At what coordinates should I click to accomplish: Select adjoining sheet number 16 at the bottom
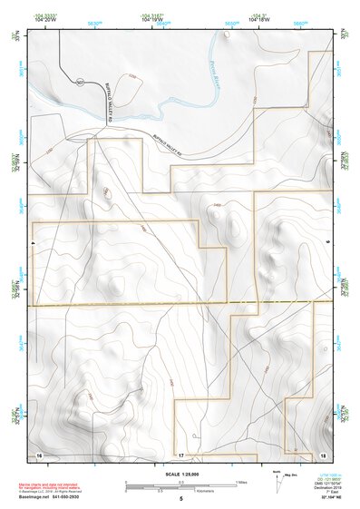coord(39,453)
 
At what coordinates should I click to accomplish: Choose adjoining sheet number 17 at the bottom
coord(180,453)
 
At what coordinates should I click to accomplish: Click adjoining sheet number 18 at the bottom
coord(322,453)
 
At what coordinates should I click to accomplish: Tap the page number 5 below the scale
coord(180,499)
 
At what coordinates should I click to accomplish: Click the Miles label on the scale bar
coord(240,481)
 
